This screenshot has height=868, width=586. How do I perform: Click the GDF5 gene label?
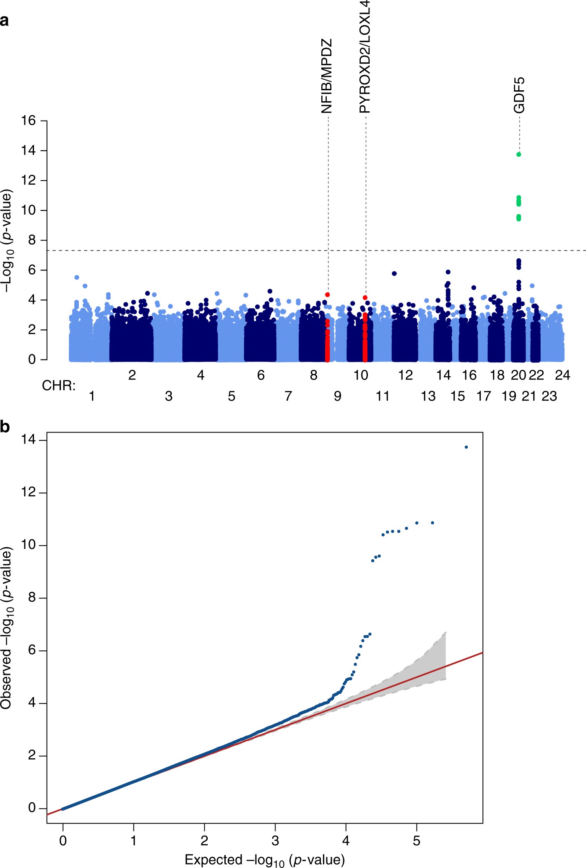(519, 95)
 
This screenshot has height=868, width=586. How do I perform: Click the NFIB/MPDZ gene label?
(327, 76)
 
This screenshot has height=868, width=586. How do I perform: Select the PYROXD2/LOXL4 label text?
(365, 57)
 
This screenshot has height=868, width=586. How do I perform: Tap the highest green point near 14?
(519, 155)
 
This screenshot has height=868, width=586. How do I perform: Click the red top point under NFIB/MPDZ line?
(327, 295)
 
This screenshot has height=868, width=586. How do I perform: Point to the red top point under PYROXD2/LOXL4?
(365, 298)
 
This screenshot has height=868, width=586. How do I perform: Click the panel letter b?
(5, 427)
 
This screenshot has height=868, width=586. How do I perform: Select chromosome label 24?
(562, 375)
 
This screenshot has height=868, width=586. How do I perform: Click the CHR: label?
(59, 385)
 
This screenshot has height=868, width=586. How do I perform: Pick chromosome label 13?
(428, 396)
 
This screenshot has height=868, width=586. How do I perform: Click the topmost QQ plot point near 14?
(466, 447)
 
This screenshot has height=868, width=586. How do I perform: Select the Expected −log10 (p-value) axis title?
(265, 860)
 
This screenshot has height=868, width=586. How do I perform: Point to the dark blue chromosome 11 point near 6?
(394, 274)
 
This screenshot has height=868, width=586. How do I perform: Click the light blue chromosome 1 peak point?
(77, 278)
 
